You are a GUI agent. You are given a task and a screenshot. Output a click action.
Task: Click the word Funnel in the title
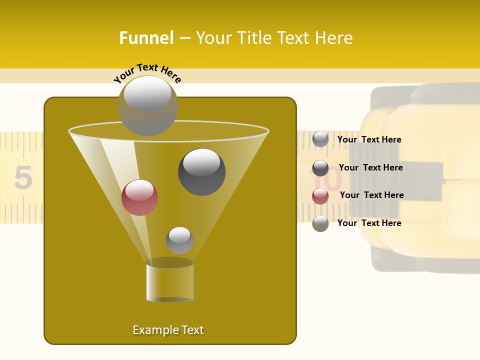click(146, 38)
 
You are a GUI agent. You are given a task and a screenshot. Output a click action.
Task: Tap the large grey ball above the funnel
click(147, 105)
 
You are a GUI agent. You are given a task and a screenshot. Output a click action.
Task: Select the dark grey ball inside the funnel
click(201, 171)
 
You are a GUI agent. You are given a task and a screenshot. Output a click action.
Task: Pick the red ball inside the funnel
click(139, 197)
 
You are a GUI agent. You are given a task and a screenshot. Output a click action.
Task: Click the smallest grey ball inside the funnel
click(179, 240)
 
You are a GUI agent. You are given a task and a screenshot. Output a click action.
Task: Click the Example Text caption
click(168, 330)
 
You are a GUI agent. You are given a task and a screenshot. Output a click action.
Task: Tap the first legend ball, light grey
click(320, 139)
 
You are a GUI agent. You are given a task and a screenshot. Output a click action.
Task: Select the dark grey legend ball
click(320, 168)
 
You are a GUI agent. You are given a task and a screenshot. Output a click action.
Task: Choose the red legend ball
click(320, 195)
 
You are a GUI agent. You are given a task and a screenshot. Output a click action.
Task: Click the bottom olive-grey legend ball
click(320, 223)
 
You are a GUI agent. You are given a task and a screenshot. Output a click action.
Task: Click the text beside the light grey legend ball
click(369, 139)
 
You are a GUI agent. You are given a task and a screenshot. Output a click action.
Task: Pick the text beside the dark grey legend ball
click(370, 167)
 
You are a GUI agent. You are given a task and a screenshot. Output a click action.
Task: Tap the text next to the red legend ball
click(371, 195)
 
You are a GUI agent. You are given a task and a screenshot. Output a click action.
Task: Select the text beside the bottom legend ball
click(369, 223)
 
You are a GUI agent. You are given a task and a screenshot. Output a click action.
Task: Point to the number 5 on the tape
click(23, 177)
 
